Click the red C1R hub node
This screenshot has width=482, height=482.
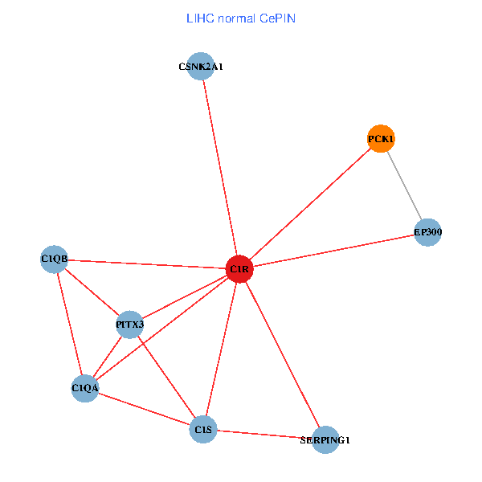coord(239,269)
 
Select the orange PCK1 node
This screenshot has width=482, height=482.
coord(381,139)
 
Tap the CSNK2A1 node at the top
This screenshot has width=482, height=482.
coord(200,67)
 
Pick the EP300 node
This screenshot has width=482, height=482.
coord(427,232)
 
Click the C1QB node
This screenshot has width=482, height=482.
coord(54,259)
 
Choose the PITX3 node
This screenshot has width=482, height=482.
coord(129,325)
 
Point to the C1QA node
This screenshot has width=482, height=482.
coord(84,388)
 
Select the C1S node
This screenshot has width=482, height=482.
coord(203,430)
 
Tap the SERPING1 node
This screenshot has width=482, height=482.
coord(325,440)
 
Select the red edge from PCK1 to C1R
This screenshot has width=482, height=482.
coord(310,204)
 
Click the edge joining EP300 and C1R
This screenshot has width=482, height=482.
coord(333,251)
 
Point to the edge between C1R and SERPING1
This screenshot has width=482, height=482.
coord(282,354)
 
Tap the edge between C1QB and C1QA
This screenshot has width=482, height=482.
coord(69,323)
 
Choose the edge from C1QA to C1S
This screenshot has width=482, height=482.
coord(144,409)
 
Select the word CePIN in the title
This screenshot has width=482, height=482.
coord(277,18)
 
